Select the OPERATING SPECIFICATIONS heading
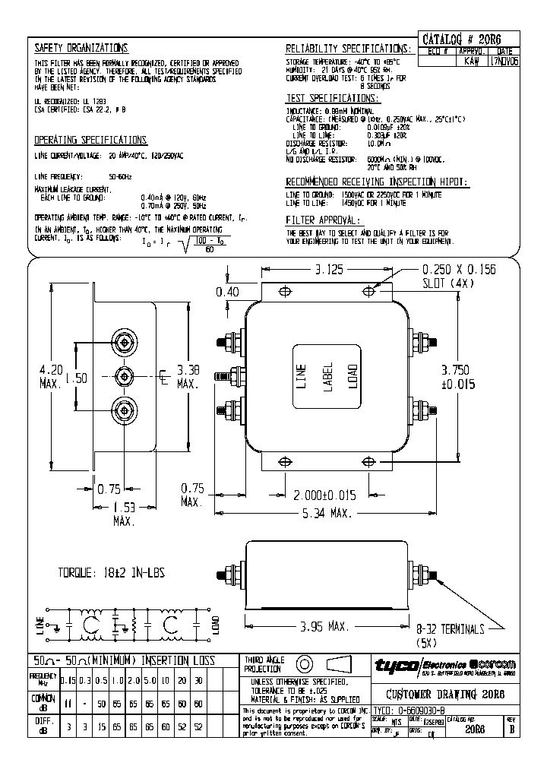tap(90, 140)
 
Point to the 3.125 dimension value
tap(323, 269)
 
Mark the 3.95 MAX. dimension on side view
tap(322, 628)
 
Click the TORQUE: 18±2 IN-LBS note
tap(112, 573)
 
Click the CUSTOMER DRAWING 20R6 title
tap(446, 695)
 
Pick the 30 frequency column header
tap(198, 682)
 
